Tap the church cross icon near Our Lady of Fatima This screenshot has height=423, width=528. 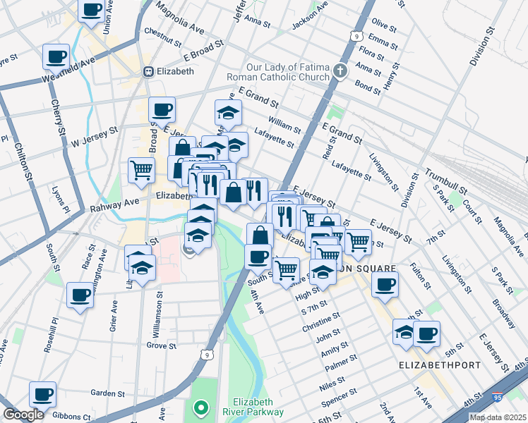(341, 71)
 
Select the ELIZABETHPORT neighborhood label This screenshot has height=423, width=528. (440, 366)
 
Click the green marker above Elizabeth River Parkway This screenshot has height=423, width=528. (201, 407)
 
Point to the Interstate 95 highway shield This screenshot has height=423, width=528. (498, 398)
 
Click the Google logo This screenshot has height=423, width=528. (23, 415)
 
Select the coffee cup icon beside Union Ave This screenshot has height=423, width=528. (91, 11)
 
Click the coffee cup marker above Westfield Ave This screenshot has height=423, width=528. (56, 56)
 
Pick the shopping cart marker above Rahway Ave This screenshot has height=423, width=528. (141, 169)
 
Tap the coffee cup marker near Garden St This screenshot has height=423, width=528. (42, 394)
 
